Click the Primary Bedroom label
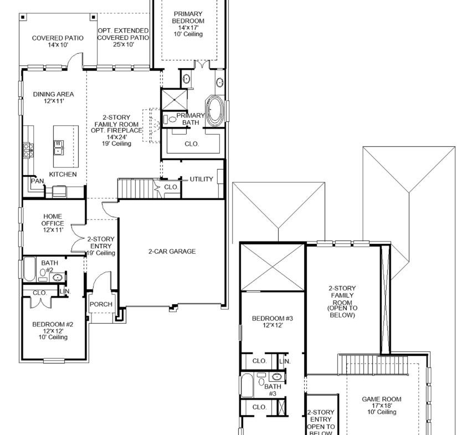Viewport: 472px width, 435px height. (x=188, y=24)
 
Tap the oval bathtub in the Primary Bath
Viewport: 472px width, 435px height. (x=214, y=111)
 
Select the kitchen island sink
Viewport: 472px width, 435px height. (x=58, y=147)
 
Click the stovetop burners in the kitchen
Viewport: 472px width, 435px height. (x=29, y=150)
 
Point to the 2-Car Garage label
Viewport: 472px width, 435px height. (x=172, y=252)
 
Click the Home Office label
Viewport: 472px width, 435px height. (x=53, y=223)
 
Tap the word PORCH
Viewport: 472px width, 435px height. (x=101, y=304)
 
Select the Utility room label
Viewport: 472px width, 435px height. (x=202, y=179)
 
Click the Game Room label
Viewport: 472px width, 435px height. (x=381, y=406)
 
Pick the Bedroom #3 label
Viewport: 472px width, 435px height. (x=273, y=322)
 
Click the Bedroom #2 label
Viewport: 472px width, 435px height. (x=53, y=330)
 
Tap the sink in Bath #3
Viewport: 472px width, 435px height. (x=276, y=377)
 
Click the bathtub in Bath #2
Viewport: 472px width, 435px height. (x=29, y=269)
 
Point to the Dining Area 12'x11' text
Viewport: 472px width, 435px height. (x=53, y=98)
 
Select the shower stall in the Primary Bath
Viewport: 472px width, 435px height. (x=175, y=100)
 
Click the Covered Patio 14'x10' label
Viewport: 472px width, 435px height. (x=58, y=42)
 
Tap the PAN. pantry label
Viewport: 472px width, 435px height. (x=38, y=181)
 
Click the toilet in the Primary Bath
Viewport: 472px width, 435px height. (x=170, y=119)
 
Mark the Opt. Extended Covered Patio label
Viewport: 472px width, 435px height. (x=123, y=37)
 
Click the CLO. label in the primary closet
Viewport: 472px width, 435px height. (x=192, y=144)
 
